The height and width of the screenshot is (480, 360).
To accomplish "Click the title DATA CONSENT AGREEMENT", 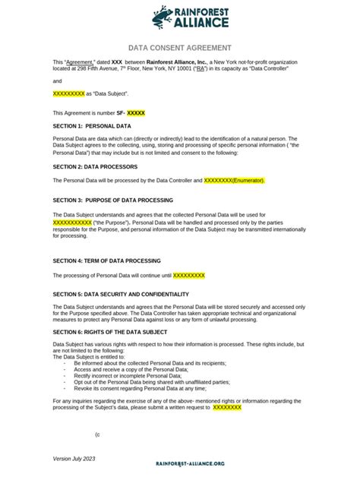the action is click(180, 47).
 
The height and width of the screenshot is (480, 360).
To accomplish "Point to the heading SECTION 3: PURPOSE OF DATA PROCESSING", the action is click(112, 201).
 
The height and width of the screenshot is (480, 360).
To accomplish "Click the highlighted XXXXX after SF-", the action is click(136, 112).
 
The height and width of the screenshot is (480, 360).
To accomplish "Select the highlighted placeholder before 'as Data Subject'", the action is click(68, 93).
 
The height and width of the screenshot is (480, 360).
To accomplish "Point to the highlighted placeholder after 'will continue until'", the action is click(189, 275).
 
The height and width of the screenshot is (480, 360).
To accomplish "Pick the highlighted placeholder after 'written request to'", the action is click(227, 407).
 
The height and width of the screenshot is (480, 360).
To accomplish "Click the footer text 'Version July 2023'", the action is click(74, 459).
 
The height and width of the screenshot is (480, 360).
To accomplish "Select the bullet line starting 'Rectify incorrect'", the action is click(128, 375).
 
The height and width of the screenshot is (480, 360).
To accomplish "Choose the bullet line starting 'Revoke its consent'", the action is click(140, 387).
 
